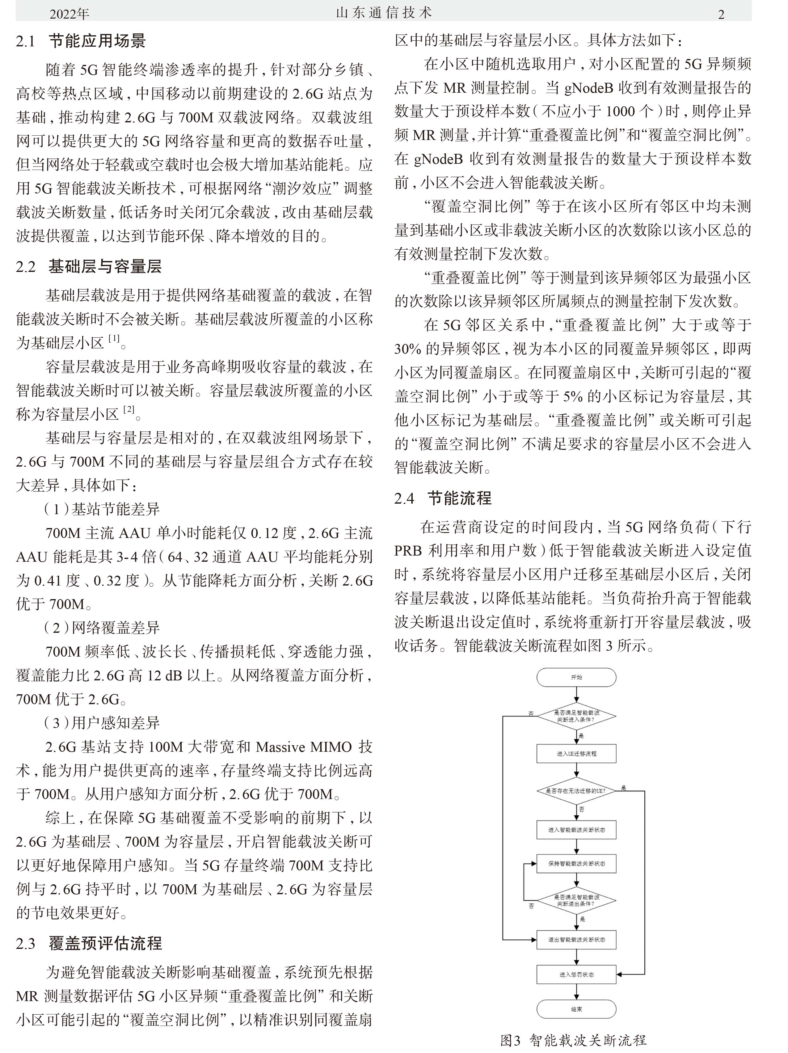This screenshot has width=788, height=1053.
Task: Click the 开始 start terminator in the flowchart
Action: tap(576, 677)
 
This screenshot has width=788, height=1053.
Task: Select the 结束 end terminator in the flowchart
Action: tap(576, 1009)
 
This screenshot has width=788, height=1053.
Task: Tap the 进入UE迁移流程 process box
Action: tap(576, 754)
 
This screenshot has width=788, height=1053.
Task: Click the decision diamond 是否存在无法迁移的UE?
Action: tap(576, 791)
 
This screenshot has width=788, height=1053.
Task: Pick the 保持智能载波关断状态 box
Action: tap(576, 864)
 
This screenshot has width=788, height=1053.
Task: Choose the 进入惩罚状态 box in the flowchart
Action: tap(576, 975)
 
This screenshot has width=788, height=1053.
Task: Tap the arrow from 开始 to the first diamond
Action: tap(576, 695)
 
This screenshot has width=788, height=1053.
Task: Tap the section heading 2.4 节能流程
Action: tap(443, 498)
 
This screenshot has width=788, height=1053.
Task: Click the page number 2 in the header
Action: tap(721, 14)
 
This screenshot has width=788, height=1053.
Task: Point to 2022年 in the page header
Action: tap(69, 14)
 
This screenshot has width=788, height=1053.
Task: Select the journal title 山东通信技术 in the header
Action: tap(384, 13)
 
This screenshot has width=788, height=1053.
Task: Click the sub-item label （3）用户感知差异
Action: tap(102, 723)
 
